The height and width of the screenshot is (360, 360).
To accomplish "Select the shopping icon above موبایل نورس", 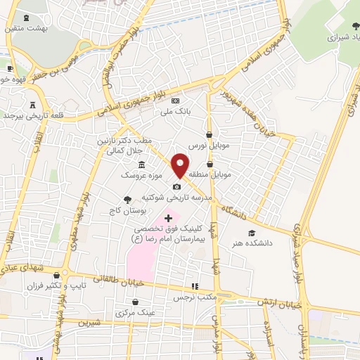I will pos(209,134).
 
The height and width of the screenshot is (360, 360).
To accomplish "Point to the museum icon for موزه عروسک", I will pos(142,165).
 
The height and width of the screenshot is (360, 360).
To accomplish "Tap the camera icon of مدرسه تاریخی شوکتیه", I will pos(176,187).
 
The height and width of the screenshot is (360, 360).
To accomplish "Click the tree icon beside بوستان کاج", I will pos(127,199).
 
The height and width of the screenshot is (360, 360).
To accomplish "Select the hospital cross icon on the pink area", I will pos(167,219).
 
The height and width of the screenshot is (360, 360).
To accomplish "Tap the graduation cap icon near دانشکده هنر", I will pos(252,233).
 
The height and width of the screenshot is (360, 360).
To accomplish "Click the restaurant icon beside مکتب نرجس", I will pos(195,286).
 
